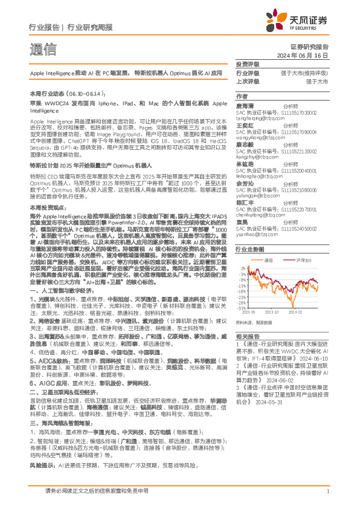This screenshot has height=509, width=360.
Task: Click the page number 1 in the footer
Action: point(327,498)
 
